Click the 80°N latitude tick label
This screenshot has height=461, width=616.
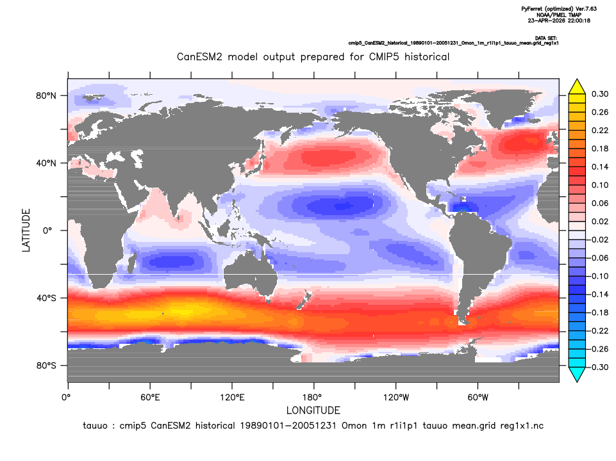click(46, 96)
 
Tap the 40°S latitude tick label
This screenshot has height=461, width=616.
click(46, 298)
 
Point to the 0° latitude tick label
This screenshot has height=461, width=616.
click(47, 230)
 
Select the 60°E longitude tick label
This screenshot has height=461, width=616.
click(150, 398)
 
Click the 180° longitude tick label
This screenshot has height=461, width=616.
click(314, 398)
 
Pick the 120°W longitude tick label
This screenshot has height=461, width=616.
click(396, 398)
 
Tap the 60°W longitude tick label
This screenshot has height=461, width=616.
click(478, 398)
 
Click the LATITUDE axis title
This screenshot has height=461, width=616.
click(26, 230)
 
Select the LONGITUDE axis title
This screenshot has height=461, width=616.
click(313, 410)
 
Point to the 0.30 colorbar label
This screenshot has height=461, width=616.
click(600, 94)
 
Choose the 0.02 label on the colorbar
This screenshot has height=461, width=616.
click(600, 222)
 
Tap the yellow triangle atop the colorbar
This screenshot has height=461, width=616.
click(577, 86)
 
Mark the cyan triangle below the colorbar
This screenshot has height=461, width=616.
click(577, 375)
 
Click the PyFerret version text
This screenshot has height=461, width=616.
click(559, 8)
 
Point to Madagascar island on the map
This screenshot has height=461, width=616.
click(133, 264)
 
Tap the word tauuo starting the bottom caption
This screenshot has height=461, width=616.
click(95, 426)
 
